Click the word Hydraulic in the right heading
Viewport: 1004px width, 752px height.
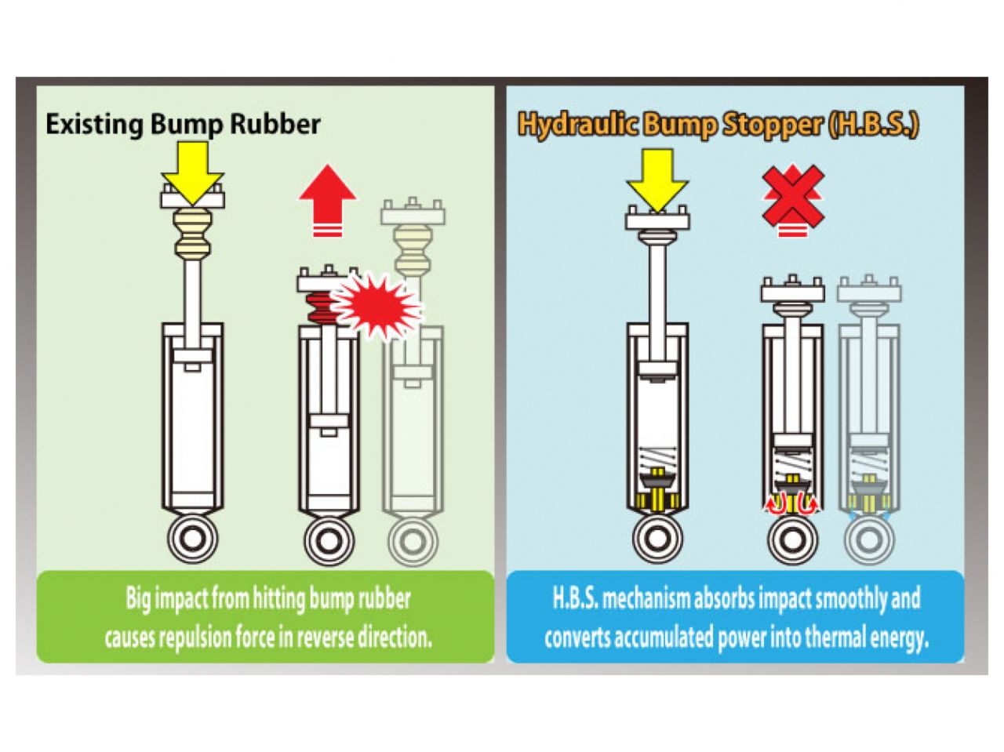(577, 125)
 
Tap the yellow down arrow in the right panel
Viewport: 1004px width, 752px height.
(657, 181)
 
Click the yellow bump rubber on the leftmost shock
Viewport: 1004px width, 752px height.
(192, 234)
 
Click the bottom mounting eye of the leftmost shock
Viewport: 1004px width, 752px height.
(192, 540)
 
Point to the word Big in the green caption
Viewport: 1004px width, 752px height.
(139, 599)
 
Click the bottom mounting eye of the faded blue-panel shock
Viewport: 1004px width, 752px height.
(868, 540)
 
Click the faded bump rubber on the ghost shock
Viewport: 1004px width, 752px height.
(413, 250)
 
